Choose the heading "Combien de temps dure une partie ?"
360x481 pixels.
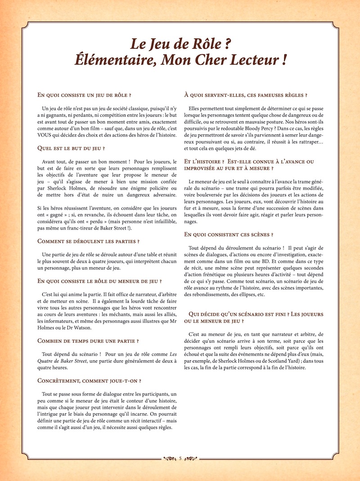point(88,341)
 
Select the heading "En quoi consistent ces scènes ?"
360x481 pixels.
point(229,235)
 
